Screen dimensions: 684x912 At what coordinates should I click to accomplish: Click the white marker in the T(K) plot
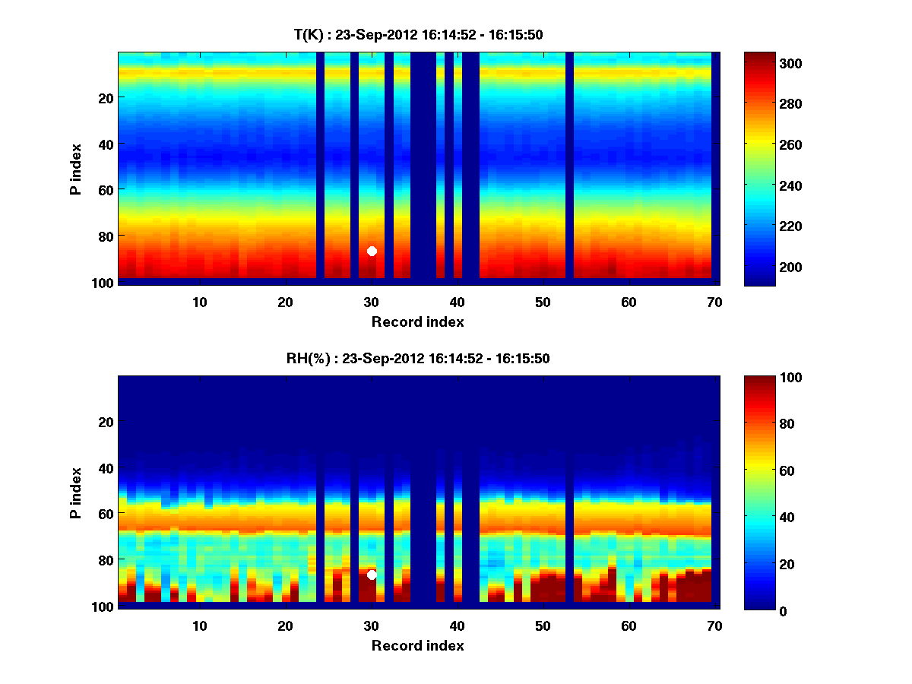[x=372, y=251]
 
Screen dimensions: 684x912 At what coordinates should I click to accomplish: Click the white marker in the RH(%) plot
[x=372, y=575]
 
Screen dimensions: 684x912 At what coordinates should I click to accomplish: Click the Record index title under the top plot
[x=418, y=322]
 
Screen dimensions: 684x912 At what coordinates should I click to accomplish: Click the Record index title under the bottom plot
[x=418, y=646]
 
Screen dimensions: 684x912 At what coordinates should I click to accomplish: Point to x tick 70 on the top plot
[x=714, y=302]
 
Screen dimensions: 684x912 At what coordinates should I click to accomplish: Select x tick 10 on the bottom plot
[x=199, y=626]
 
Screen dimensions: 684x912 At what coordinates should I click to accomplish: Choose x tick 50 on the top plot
[x=542, y=302]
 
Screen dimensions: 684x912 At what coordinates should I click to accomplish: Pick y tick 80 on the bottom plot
[x=106, y=560]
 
